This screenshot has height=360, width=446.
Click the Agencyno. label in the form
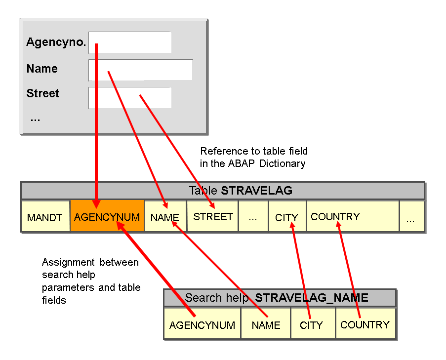[56, 42]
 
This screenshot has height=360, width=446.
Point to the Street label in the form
[42, 93]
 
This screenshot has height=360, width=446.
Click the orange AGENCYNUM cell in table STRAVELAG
[107, 217]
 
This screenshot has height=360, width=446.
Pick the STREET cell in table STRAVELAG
[213, 216]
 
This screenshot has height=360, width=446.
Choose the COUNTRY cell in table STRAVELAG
[352, 216]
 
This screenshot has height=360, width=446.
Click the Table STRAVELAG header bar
[222, 191]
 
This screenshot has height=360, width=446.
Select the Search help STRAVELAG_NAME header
[280, 298]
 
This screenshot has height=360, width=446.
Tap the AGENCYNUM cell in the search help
[202, 325]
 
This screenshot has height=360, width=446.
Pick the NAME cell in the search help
[266, 325]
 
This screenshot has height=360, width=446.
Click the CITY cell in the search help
[312, 325]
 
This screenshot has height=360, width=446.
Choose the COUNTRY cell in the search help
[365, 324]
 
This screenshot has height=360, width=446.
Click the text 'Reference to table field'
[253, 151]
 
